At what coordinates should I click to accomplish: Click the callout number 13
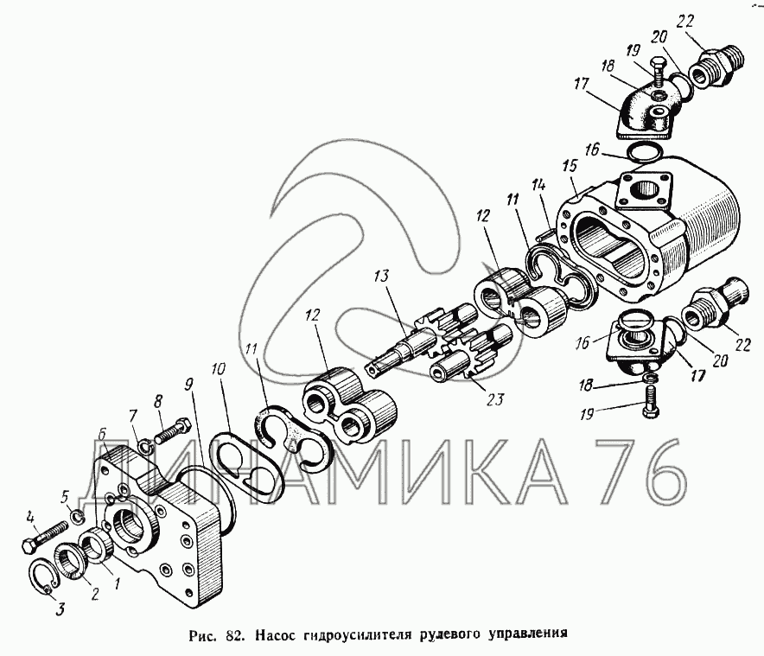pos(380,277)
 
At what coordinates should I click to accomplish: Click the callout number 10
pos(219,368)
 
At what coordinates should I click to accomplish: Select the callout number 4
pos(31,518)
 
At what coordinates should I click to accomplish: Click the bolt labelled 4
pos(48,538)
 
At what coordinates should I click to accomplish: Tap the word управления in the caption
pos(528,632)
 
